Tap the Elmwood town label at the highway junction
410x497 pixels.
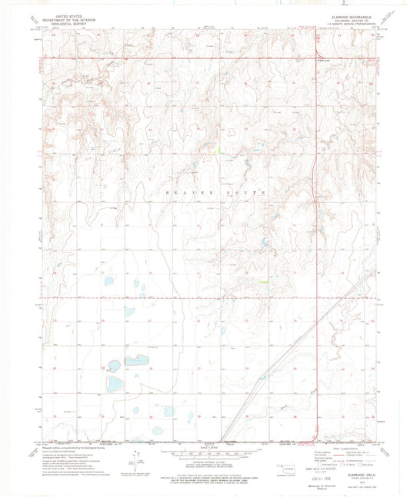(326, 61)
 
